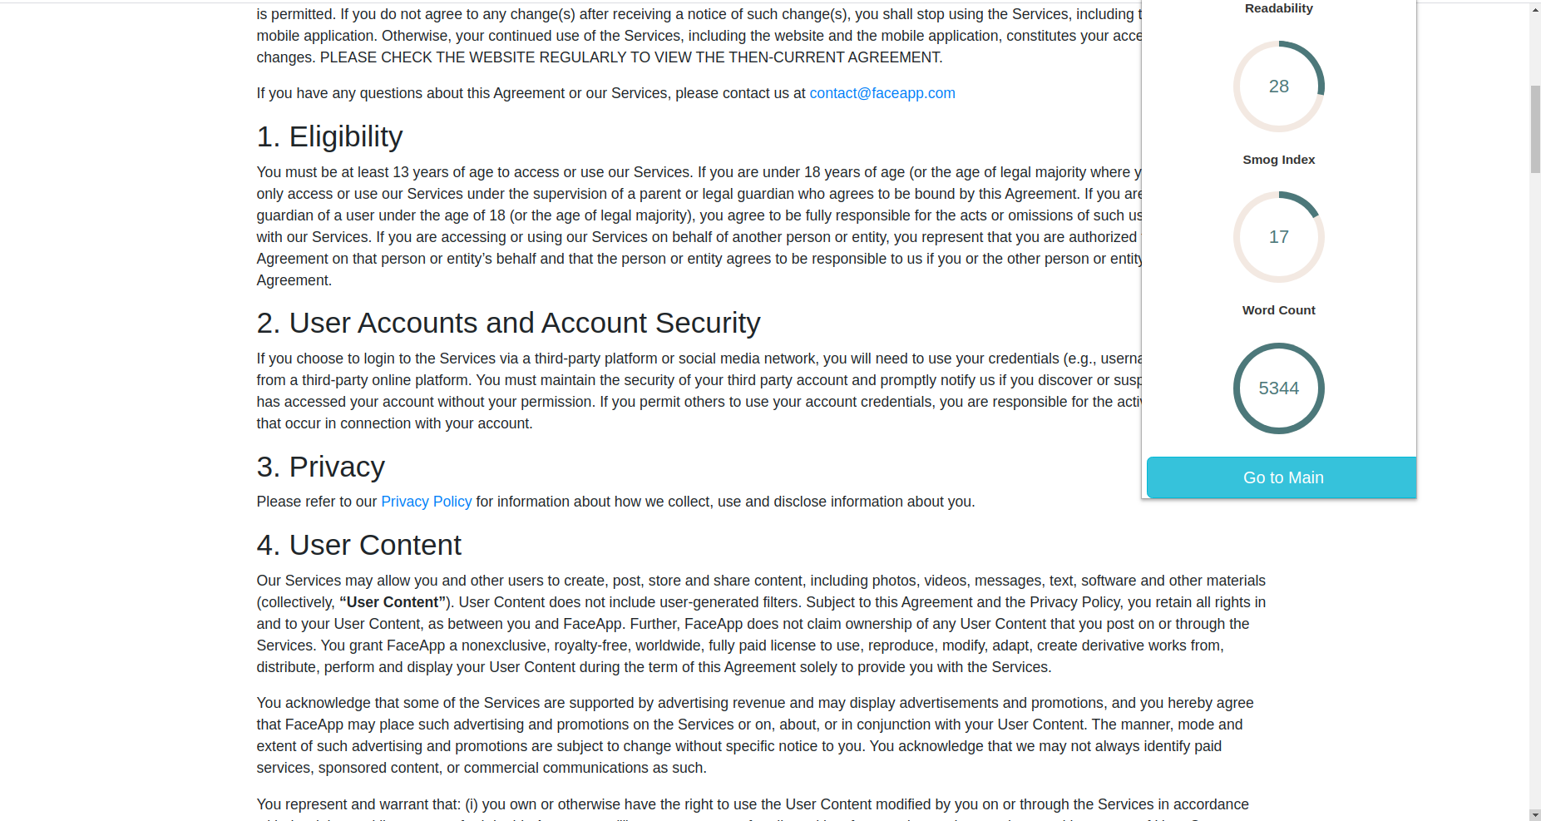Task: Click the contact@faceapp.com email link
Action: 882,93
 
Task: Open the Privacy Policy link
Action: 426,502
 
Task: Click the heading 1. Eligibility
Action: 329,136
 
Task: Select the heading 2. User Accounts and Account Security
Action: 508,323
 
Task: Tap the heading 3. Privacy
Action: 320,467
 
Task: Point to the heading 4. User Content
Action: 358,545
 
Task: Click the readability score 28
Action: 1278,87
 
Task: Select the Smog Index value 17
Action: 1278,237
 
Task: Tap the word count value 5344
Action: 1278,388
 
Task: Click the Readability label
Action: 1278,8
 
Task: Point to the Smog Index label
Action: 1278,160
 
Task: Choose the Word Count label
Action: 1278,310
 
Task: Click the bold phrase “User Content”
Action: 393,602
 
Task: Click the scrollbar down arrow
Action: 1535,814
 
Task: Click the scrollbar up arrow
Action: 1535,9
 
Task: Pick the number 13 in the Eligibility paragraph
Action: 401,172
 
